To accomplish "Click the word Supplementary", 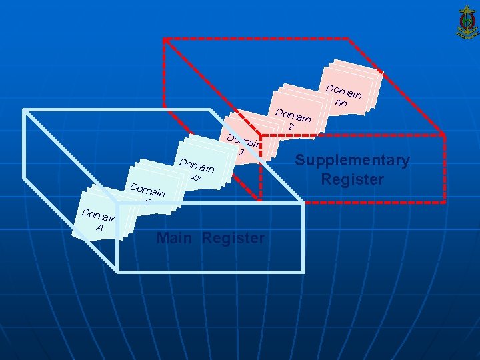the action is pyautogui.click(x=352, y=161).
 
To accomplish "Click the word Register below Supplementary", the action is pyautogui.click(x=352, y=180).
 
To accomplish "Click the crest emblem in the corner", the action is pyautogui.click(x=465, y=21).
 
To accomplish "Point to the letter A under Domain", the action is pyautogui.click(x=99, y=228).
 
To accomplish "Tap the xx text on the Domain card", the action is pyautogui.click(x=195, y=178).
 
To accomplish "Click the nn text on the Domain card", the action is pyautogui.click(x=341, y=103).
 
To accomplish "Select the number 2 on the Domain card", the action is pyautogui.click(x=291, y=126).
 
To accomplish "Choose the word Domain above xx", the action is pyautogui.click(x=197, y=166).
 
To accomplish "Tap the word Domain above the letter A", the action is pyautogui.click(x=97, y=217).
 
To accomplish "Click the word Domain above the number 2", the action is pyautogui.click(x=293, y=115).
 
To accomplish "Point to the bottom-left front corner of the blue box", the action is pyautogui.click(x=119, y=271).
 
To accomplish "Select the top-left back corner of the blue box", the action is pyautogui.click(x=25, y=110).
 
